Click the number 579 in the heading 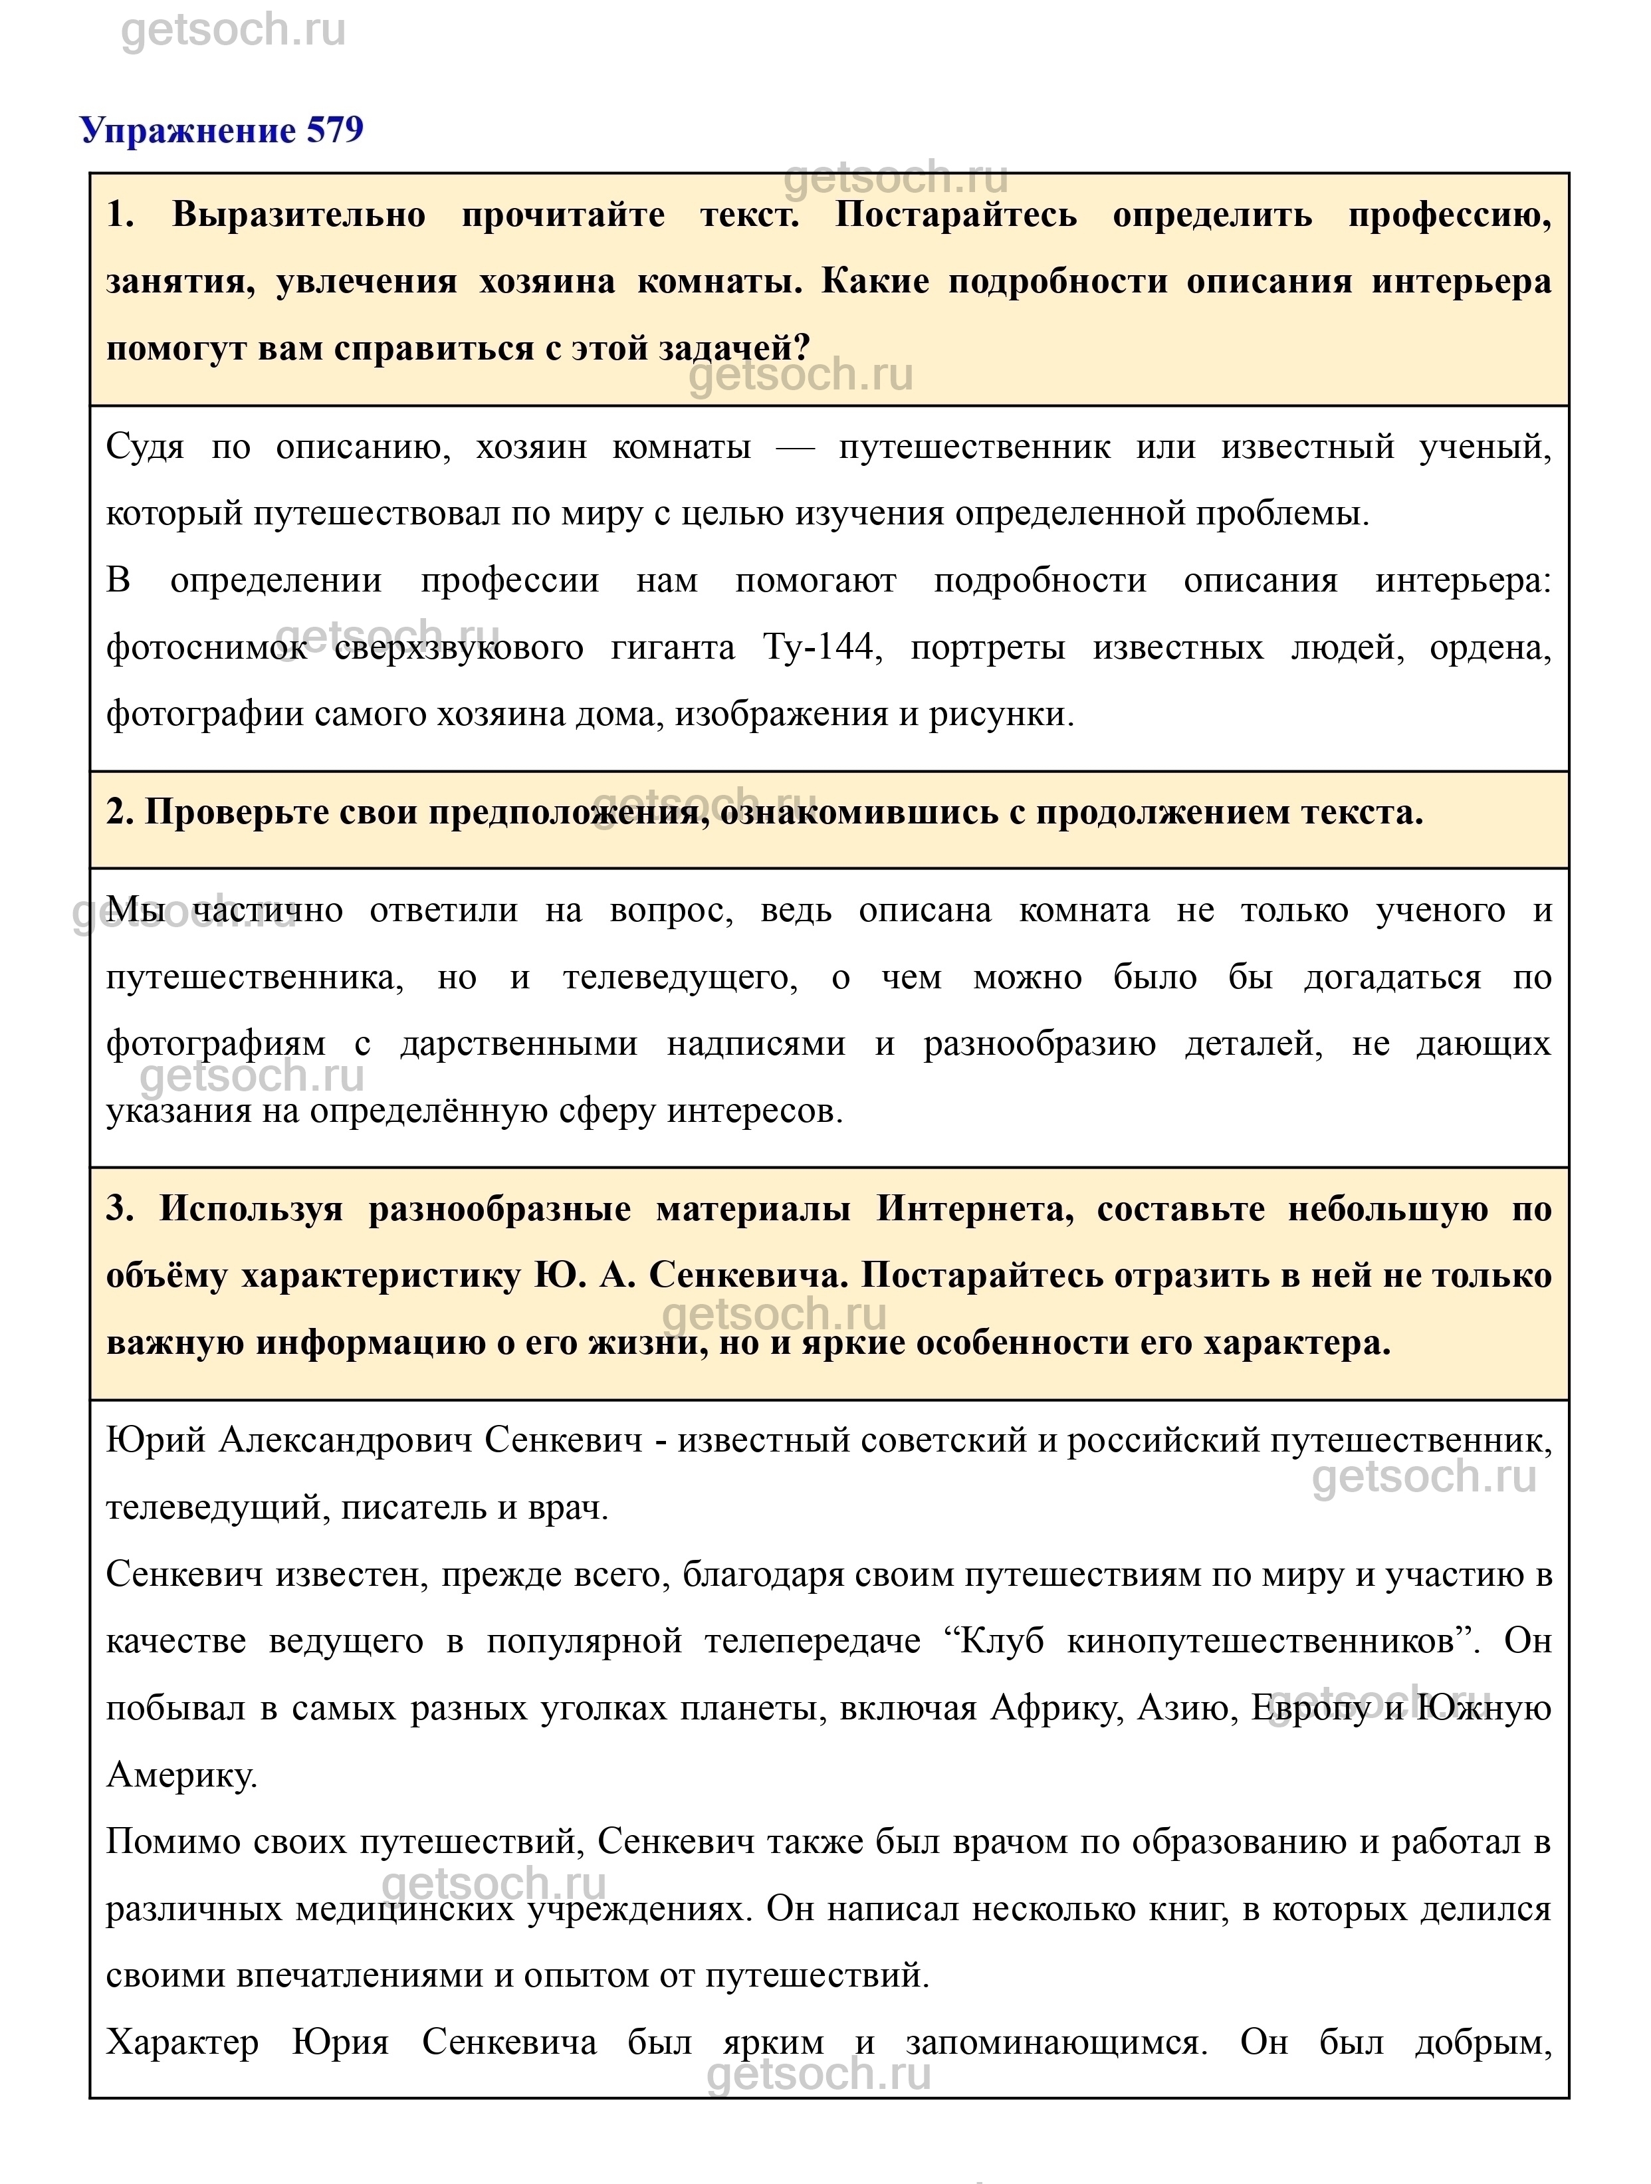click(x=335, y=130)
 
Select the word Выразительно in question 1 click(x=298, y=215)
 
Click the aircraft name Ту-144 click(x=819, y=648)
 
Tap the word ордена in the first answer click(x=1490, y=648)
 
